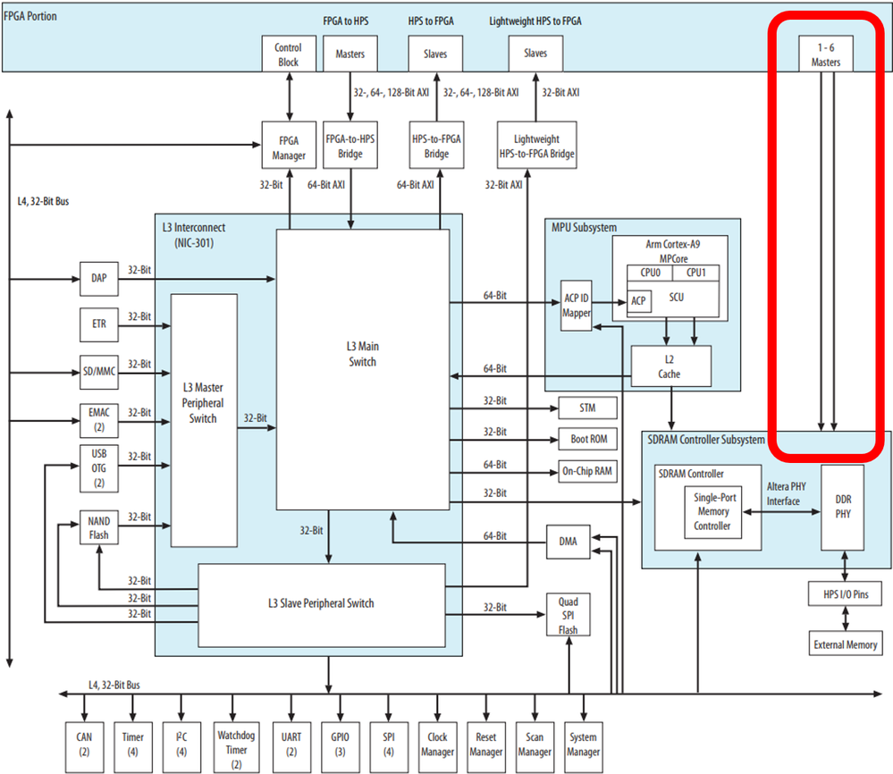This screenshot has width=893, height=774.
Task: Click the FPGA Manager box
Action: coord(289,148)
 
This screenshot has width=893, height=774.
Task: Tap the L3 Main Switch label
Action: coord(362,355)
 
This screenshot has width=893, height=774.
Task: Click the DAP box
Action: coord(98,278)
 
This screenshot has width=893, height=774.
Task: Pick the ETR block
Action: coord(98,324)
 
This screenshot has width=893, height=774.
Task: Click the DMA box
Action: coord(568,542)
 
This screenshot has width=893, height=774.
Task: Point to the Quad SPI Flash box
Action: coord(568,616)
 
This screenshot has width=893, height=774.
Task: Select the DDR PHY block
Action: coord(842,507)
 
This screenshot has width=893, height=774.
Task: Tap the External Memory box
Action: coord(845,644)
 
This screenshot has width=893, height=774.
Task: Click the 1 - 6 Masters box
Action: coord(826,55)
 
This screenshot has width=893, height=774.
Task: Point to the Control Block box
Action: coord(288,55)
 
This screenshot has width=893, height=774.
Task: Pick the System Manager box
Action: coord(583,744)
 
